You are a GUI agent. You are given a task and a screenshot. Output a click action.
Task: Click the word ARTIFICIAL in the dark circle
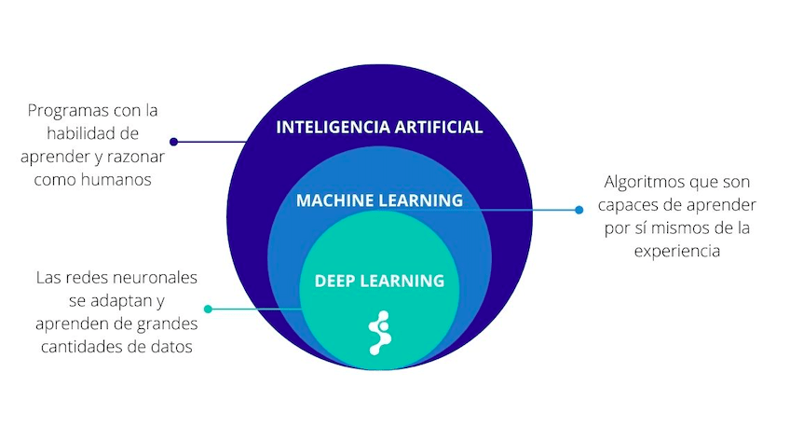tap(437, 128)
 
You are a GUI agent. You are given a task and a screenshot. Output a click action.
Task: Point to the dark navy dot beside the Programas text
tap(173, 142)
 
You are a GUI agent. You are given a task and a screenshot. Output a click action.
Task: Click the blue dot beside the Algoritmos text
tap(579, 210)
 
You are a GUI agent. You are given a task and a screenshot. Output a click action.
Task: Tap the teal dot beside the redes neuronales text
tap(208, 309)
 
